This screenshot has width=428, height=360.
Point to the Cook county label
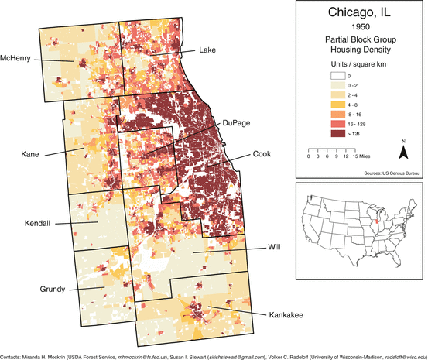pyautogui.click(x=262, y=155)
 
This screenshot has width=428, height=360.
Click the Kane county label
pyautogui.click(x=32, y=155)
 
